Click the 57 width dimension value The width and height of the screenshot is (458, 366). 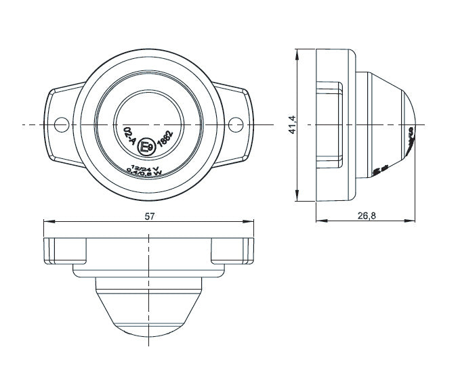coord(149,215)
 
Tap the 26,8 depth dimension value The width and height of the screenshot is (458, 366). coord(367,215)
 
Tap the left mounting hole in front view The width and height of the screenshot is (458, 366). coord(61,124)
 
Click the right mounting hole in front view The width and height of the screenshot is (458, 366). coord(236,124)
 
